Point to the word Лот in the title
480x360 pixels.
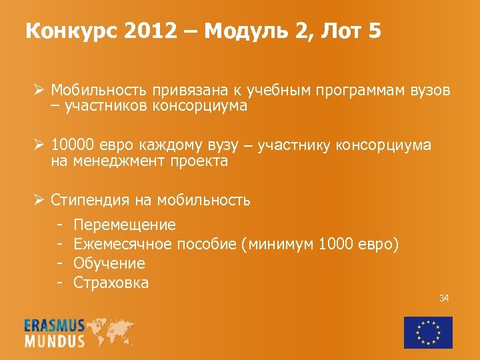336,31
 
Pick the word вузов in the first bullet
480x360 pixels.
428,90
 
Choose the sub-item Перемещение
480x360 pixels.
125,224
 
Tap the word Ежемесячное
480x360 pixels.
123,244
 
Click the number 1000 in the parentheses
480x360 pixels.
337,244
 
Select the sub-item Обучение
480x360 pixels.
109,263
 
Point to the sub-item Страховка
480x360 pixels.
111,283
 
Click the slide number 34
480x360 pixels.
443,298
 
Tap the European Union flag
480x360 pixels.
428,331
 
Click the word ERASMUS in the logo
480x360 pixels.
55,325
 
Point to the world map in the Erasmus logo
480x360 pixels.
109,331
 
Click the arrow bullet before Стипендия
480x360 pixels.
40,199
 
